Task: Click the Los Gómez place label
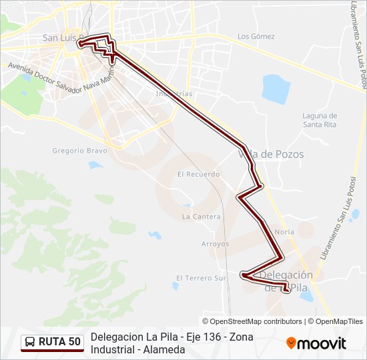pos(256,36)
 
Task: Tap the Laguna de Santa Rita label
pos(320,120)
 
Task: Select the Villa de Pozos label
pos(271,154)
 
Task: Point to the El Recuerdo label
pos(198,174)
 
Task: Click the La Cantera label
pos(201,217)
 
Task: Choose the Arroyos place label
pos(215,244)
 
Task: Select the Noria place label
pos(284,232)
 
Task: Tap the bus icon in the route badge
pos(30,342)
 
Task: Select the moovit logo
pos(316,343)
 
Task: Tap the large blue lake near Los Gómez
pos(276,87)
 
